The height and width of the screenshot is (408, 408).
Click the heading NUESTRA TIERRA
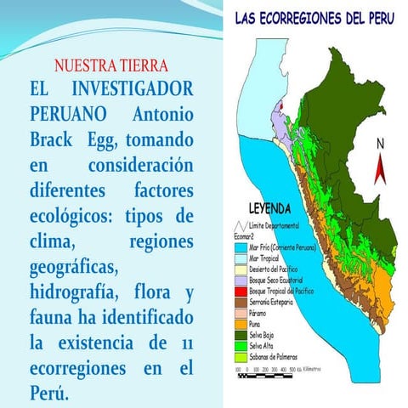click(110, 65)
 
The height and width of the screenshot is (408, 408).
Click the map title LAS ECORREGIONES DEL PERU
click(314, 17)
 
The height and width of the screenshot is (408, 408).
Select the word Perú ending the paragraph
click(50, 395)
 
